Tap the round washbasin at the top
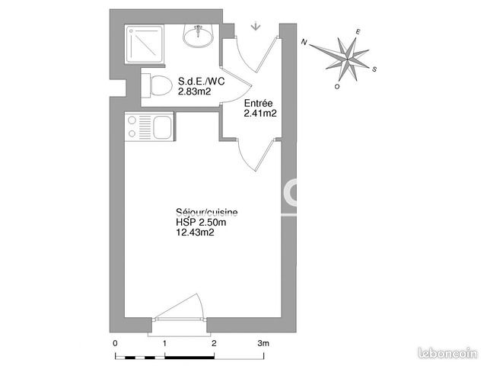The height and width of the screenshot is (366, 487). pos(199,35)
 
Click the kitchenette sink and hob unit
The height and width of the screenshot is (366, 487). pos(148,127)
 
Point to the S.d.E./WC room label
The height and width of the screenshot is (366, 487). pos(202,81)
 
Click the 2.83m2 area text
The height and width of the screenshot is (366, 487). pos(194,91)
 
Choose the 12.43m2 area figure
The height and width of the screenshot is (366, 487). pos(194,233)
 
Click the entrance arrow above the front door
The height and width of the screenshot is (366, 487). pos(255,27)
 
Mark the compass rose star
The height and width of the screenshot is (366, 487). pos(346,56)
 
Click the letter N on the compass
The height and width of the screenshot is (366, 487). pos(304,43)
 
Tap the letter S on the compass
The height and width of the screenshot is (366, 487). pos(376,68)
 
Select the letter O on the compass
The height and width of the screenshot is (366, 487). pos(337,87)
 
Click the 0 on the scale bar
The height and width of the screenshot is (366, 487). pos(115,344)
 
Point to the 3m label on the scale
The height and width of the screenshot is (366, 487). pos(263,344)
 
